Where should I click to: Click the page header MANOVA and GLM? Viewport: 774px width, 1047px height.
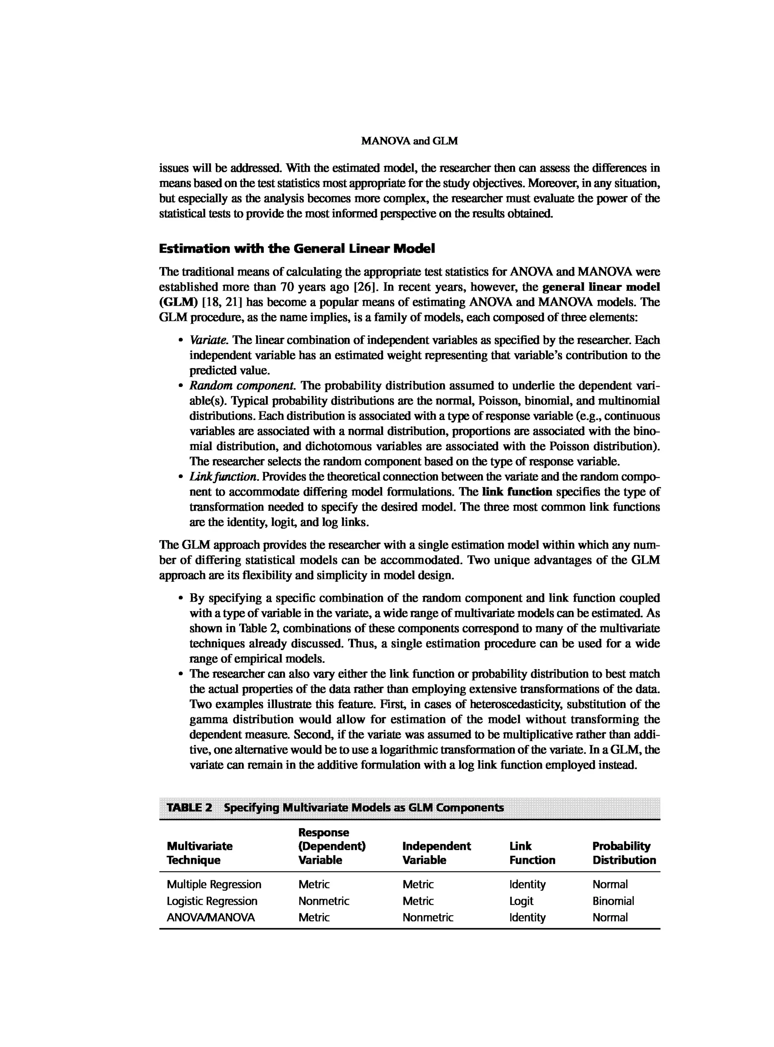[410, 141]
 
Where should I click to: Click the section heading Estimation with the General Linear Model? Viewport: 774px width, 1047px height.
[297, 249]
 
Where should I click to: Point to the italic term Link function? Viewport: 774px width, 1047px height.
[223, 477]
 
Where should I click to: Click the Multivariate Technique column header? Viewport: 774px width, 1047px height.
[200, 853]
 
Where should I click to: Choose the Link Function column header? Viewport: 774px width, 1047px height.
[532, 853]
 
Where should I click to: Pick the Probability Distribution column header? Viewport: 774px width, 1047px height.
[624, 853]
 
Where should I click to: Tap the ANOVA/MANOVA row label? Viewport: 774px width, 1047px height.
[211, 917]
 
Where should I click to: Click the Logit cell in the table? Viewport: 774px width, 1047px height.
[521, 901]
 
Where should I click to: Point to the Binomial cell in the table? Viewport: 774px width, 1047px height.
[613, 901]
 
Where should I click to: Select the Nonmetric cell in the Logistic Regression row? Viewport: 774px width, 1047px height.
[324, 901]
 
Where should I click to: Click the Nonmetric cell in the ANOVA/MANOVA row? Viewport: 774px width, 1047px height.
[428, 917]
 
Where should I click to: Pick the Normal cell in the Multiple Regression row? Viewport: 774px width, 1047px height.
[610, 885]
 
